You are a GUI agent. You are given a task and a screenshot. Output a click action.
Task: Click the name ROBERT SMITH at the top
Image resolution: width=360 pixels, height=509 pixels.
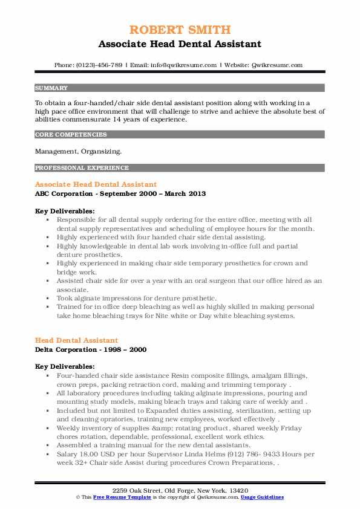180,30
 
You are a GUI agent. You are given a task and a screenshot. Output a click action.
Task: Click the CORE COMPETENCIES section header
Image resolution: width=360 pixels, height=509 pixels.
71,134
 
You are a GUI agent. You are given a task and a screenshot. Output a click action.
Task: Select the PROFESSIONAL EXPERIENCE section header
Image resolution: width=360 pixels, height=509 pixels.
82,167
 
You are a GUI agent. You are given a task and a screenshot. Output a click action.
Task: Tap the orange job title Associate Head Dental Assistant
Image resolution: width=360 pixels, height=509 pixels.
96,184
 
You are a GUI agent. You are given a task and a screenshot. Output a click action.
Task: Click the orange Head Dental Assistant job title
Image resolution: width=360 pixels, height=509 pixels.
76,340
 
